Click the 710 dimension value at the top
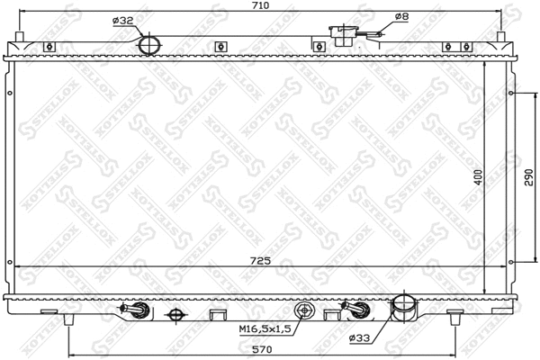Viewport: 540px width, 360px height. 260,5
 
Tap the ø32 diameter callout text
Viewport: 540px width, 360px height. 123,20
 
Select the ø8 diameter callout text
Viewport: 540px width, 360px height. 401,16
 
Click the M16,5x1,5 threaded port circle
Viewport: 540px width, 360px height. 306,311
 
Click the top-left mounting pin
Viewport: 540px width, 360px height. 21,40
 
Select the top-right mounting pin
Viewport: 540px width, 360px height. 500,40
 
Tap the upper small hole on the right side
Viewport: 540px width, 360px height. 513,94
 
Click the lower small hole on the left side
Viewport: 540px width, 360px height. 10,264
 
